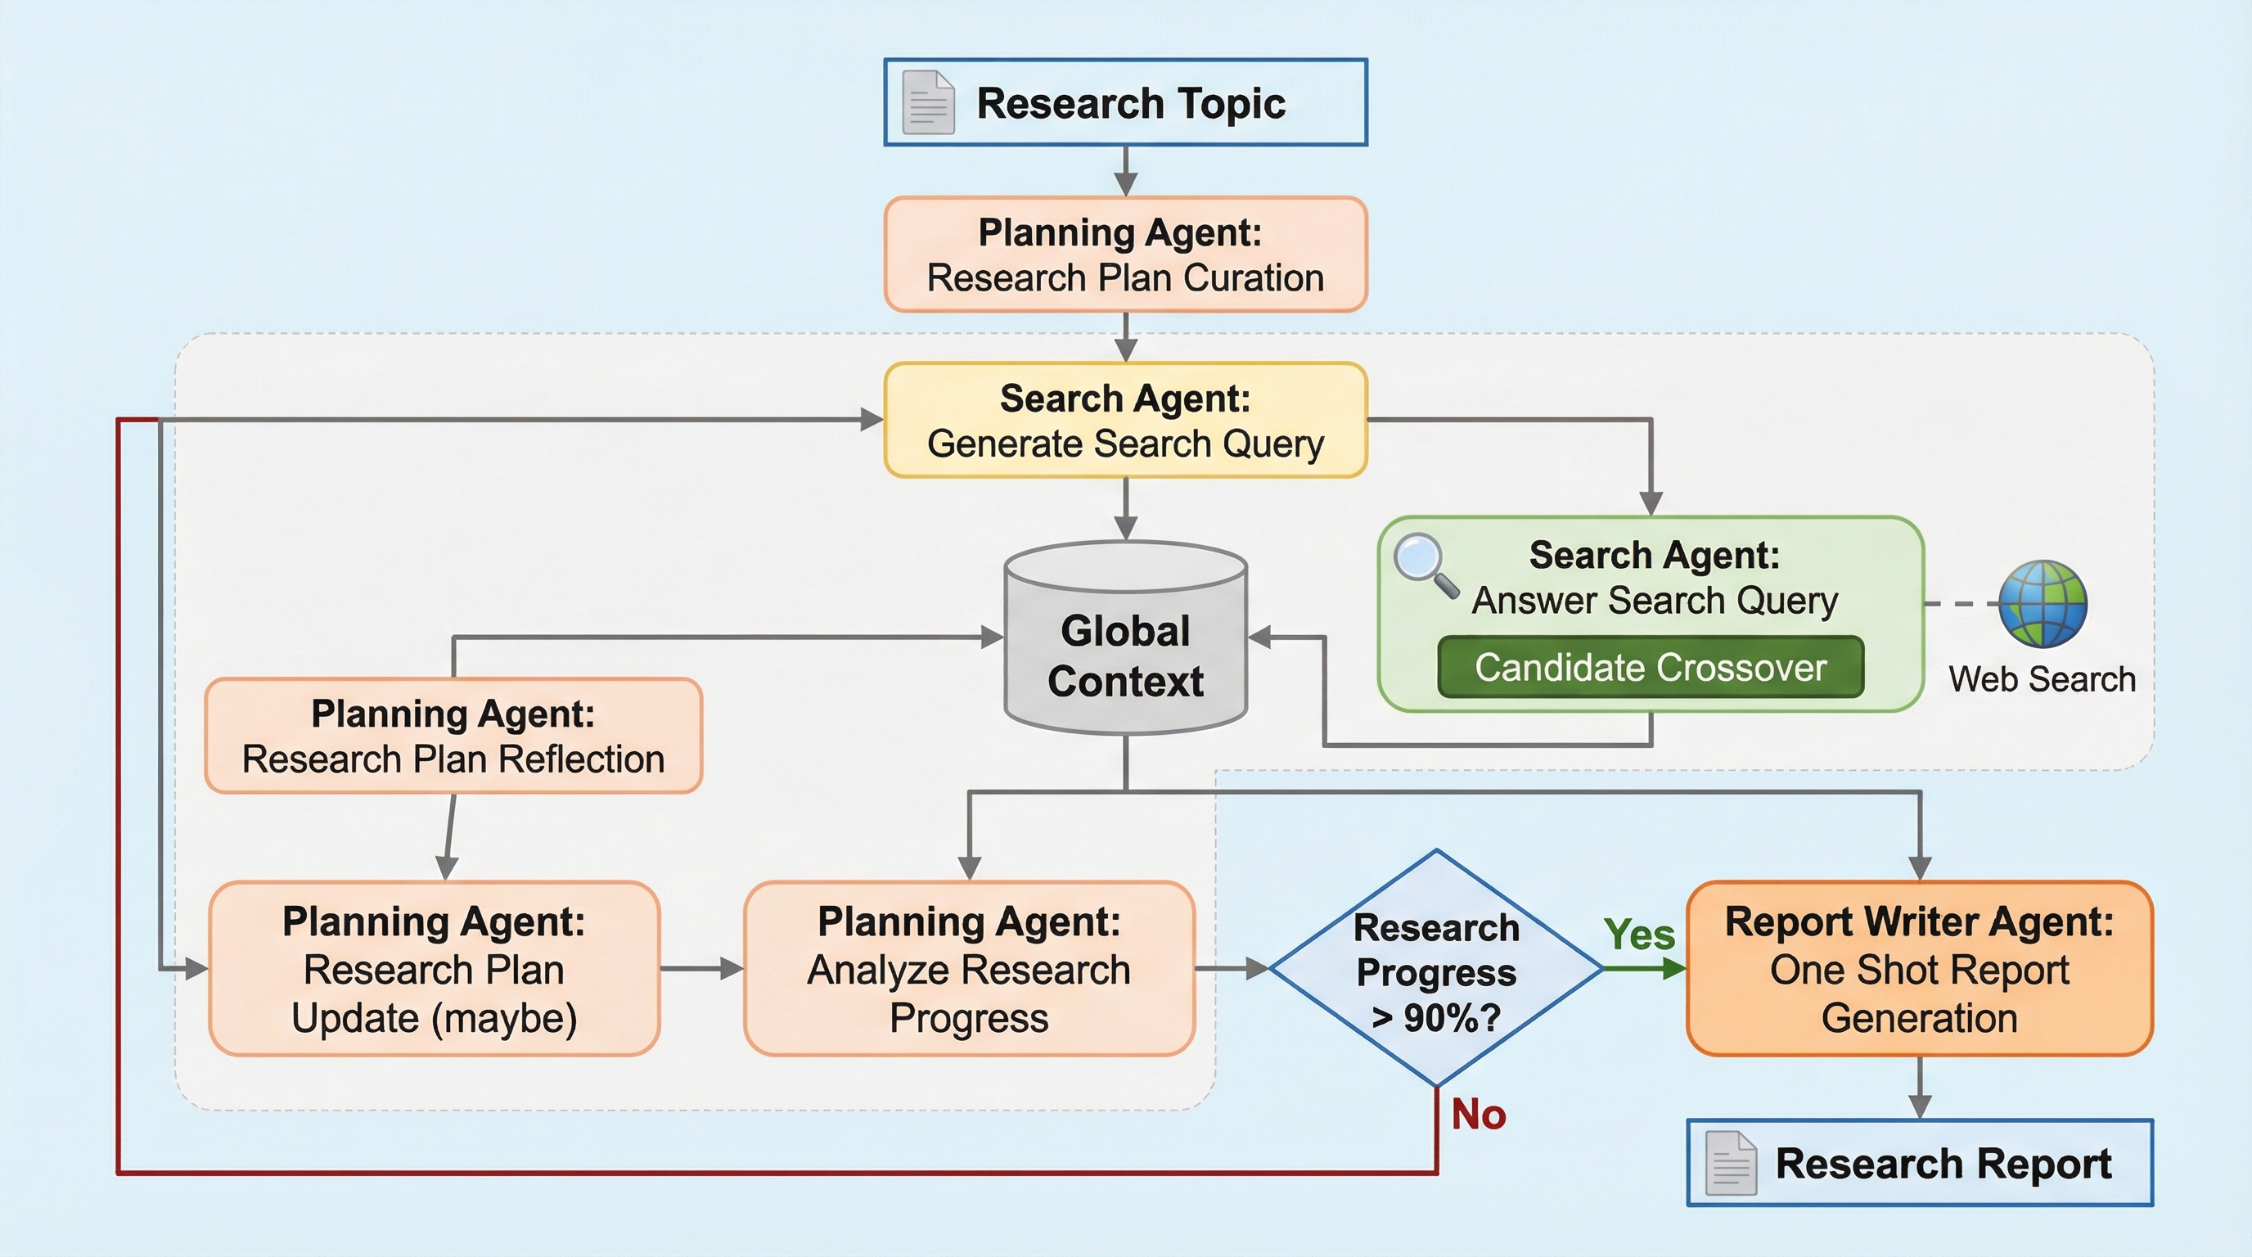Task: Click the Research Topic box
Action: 1125,102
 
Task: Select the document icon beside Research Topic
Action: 927,102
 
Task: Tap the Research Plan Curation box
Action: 1125,255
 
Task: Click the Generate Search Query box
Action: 1125,421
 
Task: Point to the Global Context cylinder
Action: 1125,642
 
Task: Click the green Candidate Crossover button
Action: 1651,667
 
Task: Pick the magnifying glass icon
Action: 1424,564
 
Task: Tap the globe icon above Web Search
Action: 2043,603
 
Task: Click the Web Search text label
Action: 2043,679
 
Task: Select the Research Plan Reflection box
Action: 453,736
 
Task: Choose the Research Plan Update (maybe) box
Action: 434,969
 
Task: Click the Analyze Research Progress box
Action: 969,969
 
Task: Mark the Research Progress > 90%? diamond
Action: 1435,969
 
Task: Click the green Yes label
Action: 1639,935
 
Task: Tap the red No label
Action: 1479,1115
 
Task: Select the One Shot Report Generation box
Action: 1919,969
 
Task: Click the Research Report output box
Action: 1919,1163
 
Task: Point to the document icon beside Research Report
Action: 1731,1163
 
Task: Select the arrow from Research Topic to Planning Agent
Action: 1126,171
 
